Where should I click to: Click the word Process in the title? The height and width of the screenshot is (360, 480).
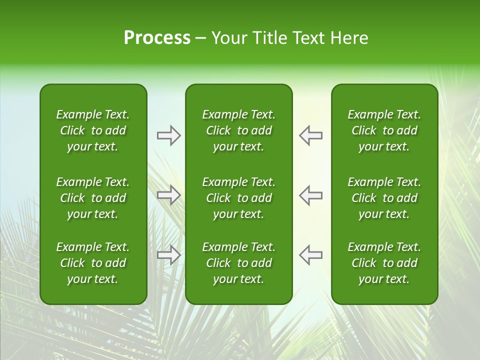coord(157,38)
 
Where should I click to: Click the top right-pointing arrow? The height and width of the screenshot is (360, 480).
coord(169,135)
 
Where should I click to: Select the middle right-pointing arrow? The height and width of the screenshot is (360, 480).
coord(169,195)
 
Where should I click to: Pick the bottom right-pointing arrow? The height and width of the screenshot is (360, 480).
coord(169,254)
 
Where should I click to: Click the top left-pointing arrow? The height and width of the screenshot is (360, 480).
coord(310,135)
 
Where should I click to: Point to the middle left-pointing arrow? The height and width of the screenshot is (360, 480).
coord(310,195)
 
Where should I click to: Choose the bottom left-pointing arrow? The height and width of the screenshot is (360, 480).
coord(310,254)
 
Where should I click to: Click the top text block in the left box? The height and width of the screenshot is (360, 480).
coord(93,130)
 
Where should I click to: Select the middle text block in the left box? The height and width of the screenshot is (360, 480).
coord(93,198)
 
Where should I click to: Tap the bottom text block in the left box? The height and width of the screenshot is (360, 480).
coord(93,263)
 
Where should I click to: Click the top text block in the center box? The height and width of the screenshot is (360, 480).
coord(238,130)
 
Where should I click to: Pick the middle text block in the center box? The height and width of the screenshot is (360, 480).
coord(238,198)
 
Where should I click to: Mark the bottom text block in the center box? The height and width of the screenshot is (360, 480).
coord(238,263)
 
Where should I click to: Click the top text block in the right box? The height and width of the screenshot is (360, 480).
coord(384,130)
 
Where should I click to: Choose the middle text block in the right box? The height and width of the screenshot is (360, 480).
coord(384,198)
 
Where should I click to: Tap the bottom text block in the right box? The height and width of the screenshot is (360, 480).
coord(384,263)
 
